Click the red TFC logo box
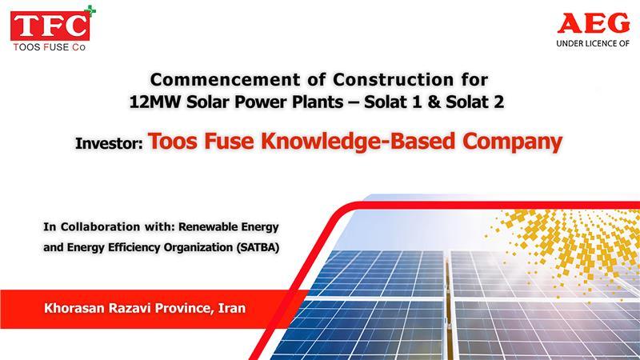point(50,26)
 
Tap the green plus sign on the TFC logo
point(90,10)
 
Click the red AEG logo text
point(594,23)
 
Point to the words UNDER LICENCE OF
point(593,43)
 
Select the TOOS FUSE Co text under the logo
point(50,47)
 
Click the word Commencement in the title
point(226,79)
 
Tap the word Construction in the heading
point(393,79)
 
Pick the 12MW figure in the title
point(154,102)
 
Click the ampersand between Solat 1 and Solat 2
point(434,102)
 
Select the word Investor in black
point(109,143)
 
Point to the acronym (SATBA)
point(258,247)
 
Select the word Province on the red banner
point(184,308)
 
